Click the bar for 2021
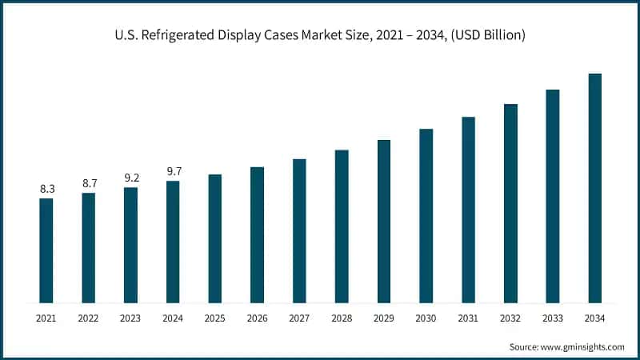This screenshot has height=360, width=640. pos(46,250)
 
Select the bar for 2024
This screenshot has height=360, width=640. pos(173,242)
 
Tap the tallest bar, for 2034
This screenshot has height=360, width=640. pos(594,188)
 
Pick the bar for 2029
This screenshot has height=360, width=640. pos(384,222)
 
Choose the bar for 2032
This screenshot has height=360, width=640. pos(510,203)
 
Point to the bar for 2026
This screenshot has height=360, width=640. pos(257,234)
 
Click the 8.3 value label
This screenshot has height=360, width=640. pos(46,189)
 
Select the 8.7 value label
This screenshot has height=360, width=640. pos(89,183)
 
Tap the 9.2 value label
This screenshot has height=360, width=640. pos(130,178)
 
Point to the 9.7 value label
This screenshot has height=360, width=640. pos(173,171)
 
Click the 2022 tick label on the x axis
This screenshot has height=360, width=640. pos(89,318)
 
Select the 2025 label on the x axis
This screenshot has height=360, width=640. pos(215,318)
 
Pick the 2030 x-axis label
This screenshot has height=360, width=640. pos(426,318)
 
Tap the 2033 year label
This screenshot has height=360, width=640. pos(552,318)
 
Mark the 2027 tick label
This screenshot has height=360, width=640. pos(299,318)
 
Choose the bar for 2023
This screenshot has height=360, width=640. pos(130,245)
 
